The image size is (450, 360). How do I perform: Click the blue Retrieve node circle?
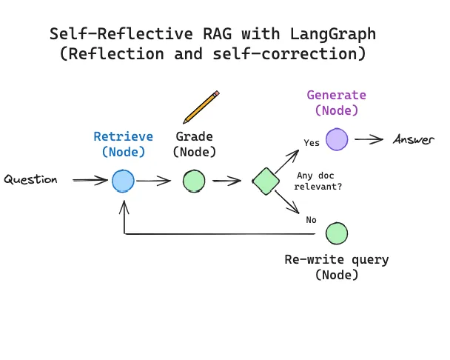click(x=123, y=181)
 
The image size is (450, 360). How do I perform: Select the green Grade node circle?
click(x=194, y=181)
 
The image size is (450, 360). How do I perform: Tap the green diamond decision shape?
click(x=265, y=181)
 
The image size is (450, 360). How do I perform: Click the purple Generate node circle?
click(x=337, y=139)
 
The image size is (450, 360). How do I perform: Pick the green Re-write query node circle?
click(x=337, y=233)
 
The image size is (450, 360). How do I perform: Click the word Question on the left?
click(x=30, y=180)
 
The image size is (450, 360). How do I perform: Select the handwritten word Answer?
click(x=414, y=140)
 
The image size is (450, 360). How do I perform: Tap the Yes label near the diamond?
click(x=312, y=142)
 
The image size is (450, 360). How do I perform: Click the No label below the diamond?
click(x=311, y=220)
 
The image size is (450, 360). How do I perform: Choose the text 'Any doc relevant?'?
click(x=319, y=181)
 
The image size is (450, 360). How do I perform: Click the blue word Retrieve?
click(x=123, y=136)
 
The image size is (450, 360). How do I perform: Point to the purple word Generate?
click(x=337, y=95)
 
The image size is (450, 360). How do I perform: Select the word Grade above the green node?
click(x=194, y=136)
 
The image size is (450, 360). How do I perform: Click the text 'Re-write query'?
click(x=337, y=260)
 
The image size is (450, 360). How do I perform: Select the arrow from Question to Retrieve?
click(x=90, y=180)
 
